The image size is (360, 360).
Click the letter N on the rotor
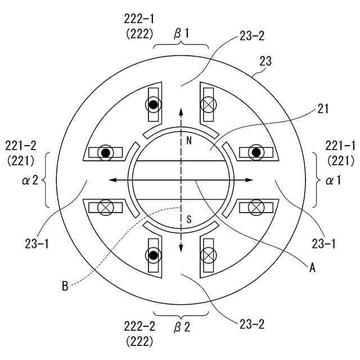point(189,140)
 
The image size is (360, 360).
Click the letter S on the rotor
point(189,219)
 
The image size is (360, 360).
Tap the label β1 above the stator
point(181,34)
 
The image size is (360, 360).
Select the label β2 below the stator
point(182,327)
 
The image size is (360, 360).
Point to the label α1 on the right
point(334,181)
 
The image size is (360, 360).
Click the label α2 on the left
point(30,181)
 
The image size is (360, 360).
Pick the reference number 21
point(323,109)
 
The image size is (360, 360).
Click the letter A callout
point(312,268)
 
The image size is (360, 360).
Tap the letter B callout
point(65,286)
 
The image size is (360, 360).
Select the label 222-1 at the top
point(139,19)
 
